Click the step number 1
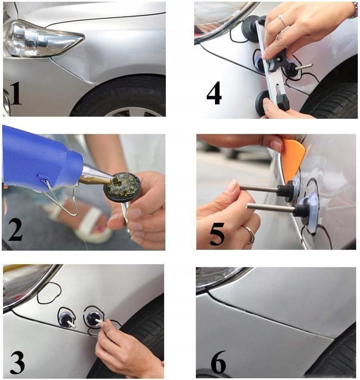click(16, 93)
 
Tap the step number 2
click(16, 230)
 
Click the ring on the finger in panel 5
click(250, 234)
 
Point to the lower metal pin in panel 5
click(271, 208)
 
